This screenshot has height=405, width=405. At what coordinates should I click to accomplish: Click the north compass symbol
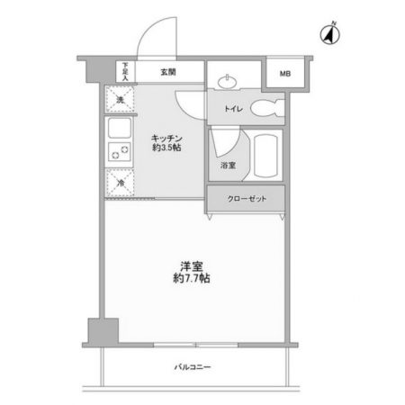click(x=330, y=33)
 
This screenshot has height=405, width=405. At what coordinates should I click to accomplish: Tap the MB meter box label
click(x=285, y=74)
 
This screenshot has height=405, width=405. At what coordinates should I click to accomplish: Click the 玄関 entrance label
click(x=168, y=72)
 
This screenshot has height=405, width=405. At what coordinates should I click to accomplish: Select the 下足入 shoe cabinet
click(x=125, y=71)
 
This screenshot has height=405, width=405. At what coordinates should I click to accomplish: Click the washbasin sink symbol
click(x=228, y=82)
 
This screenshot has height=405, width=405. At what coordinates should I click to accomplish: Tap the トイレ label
click(x=233, y=109)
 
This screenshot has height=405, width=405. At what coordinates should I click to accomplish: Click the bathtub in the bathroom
click(x=265, y=156)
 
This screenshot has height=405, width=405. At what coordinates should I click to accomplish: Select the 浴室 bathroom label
click(x=228, y=165)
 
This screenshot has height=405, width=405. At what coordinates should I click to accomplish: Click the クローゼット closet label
click(x=247, y=199)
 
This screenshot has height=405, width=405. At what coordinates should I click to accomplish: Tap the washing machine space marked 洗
click(x=120, y=99)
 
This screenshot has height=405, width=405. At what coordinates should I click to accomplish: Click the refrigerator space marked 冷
click(x=120, y=183)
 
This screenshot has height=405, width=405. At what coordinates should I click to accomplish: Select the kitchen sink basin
click(x=120, y=128)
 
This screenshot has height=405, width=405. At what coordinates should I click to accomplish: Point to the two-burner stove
click(x=120, y=152)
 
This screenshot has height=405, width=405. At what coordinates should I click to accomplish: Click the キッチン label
click(x=166, y=139)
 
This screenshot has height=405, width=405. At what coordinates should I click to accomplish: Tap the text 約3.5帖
click(x=166, y=148)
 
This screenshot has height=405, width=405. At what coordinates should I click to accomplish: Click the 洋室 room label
click(x=192, y=266)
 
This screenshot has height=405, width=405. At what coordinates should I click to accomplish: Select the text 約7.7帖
click(x=192, y=278)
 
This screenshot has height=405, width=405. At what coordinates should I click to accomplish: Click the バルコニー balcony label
click(x=193, y=367)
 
